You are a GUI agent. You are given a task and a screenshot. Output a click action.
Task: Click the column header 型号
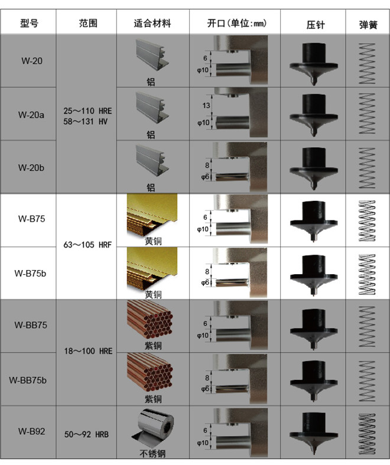pyautogui.click(x=29, y=23)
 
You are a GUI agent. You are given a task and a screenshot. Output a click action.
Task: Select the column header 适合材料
pyautogui.click(x=152, y=23)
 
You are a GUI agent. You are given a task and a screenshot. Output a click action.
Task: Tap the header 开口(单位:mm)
pyautogui.click(x=237, y=23)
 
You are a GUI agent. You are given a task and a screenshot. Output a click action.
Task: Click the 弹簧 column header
pyautogui.click(x=368, y=25)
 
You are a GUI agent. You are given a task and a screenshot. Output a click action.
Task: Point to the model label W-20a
pyautogui.click(x=31, y=115)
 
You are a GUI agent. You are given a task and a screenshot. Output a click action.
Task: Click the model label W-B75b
pyautogui.click(x=30, y=273)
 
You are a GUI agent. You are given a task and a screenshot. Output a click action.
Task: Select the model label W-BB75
pyautogui.click(x=31, y=325)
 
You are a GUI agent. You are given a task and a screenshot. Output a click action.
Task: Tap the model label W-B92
pyautogui.click(x=31, y=431)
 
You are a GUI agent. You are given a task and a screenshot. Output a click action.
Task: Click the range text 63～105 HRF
pyautogui.click(x=87, y=245)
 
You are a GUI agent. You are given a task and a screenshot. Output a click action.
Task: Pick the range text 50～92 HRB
pyautogui.click(x=86, y=434)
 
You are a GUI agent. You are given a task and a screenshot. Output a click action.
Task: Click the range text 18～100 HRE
pyautogui.click(x=89, y=351)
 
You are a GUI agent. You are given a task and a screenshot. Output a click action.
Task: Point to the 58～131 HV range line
pyautogui.click(x=85, y=122)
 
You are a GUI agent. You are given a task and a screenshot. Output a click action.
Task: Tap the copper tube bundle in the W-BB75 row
pyautogui.click(x=150, y=320)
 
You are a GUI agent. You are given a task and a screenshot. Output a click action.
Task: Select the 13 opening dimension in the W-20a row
pyautogui.click(x=206, y=106)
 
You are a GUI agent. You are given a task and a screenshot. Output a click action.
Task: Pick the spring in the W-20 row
pyautogui.click(x=367, y=63)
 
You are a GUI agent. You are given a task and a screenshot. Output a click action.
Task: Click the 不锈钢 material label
pyautogui.click(x=152, y=453)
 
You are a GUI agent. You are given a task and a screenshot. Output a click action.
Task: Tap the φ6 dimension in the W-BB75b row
pyautogui.click(x=205, y=389)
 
